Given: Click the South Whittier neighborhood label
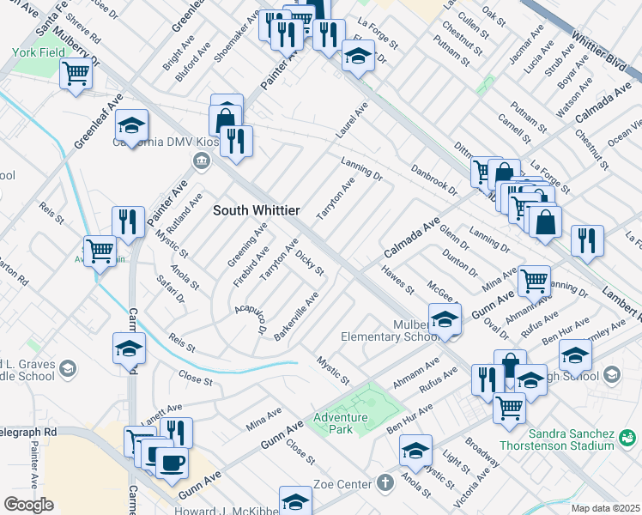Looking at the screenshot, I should tap(256, 210).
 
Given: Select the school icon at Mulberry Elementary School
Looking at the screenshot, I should tap(445, 319).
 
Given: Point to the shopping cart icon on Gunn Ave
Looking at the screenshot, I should tap(534, 279).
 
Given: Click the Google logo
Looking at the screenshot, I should tap(28, 505).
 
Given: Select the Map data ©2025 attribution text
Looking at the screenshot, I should tap(605, 508).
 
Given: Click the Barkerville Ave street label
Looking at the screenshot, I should tap(297, 316).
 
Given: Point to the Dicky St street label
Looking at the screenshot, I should tap(309, 264).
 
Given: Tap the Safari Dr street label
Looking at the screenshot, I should tap(171, 289).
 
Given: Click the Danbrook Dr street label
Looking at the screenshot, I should tap(434, 180).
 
